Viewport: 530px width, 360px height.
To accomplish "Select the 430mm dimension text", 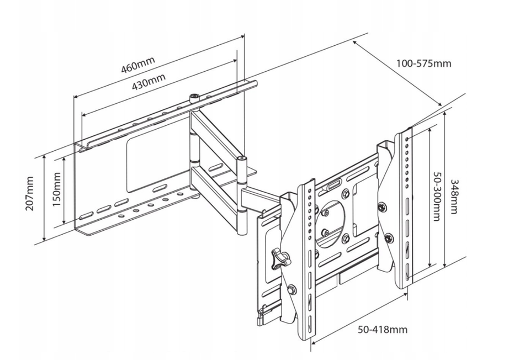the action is coord(149,81).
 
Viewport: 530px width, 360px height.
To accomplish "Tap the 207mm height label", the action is coord(30,193).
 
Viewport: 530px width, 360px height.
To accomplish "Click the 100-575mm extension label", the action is coord(423,63).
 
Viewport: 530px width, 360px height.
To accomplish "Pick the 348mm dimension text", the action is coord(454,197).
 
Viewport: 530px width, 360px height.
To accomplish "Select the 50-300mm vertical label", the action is coord(437,196).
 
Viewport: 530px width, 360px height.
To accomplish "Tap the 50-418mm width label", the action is coord(383,329).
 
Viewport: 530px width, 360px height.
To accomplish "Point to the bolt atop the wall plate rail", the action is coord(194,98).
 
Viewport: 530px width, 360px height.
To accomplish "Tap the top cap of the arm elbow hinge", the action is coord(241,158).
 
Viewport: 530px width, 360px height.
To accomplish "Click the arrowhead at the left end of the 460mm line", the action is coord(76,97).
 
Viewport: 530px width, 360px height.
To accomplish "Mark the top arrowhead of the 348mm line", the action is coord(445,115).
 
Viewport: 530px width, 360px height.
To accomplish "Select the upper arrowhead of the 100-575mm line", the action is coord(355,43).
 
